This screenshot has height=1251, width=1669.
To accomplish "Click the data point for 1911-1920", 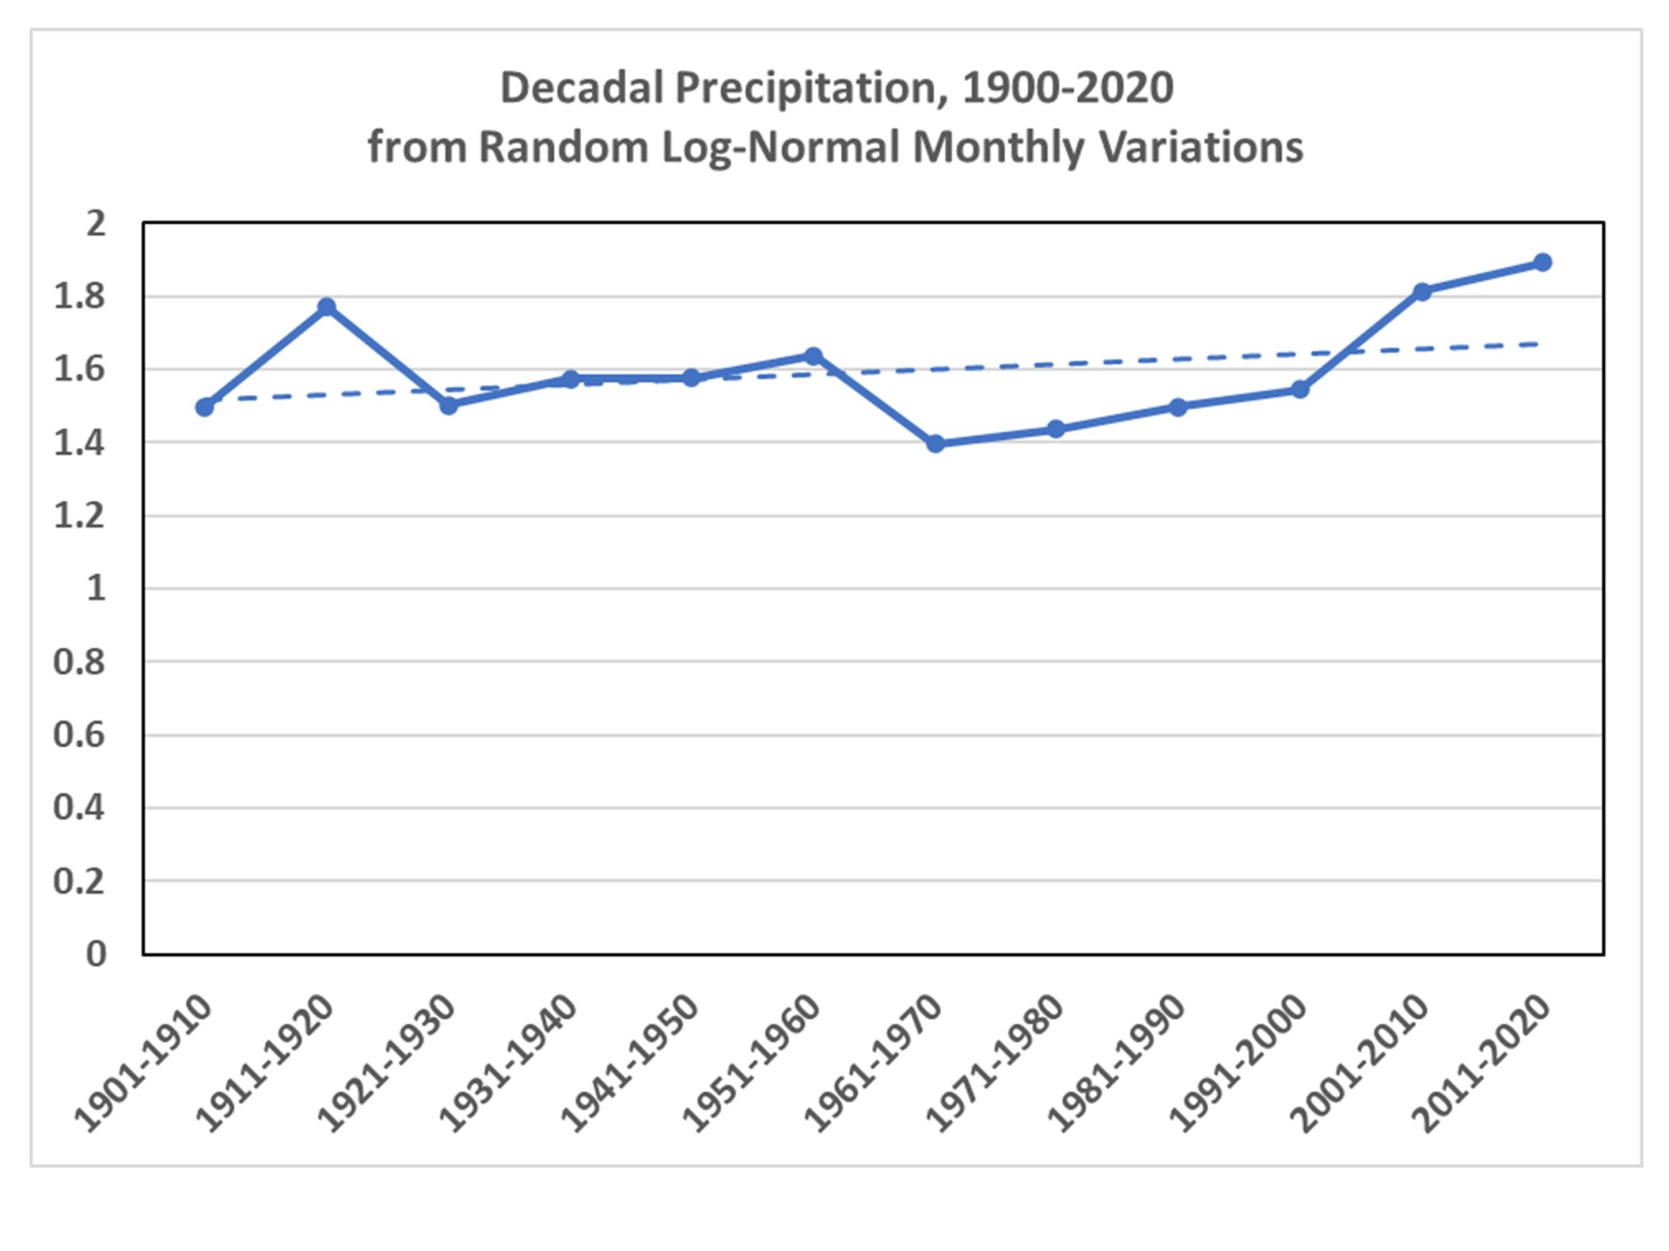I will [327, 307].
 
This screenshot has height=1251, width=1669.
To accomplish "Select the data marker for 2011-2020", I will [1543, 263].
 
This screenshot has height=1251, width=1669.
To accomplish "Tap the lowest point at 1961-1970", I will [936, 444].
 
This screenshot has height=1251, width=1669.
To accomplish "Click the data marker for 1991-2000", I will [1300, 390].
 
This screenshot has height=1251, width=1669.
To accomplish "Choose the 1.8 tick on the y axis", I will [80, 297].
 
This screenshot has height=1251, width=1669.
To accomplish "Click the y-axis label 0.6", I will [80, 734].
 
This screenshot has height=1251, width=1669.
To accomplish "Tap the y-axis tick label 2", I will [96, 224].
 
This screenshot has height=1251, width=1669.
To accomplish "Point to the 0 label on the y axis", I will [96, 954].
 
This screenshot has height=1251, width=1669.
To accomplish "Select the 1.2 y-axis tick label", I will [80, 516].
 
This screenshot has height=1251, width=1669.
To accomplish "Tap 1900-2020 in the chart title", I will [1068, 88].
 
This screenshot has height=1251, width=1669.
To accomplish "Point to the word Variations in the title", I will [1201, 147].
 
